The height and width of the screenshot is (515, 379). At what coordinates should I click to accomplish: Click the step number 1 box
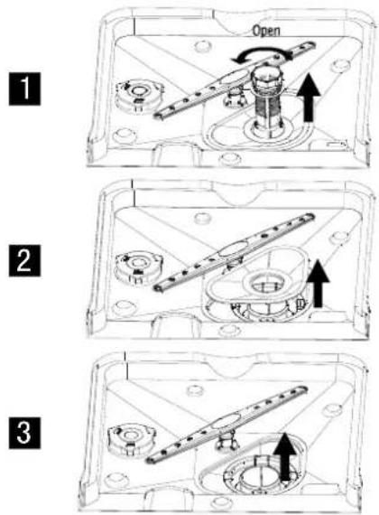click(x=24, y=89)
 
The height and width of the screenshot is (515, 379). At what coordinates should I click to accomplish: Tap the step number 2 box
click(x=24, y=260)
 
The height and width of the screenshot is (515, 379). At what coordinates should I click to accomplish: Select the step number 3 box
click(x=24, y=433)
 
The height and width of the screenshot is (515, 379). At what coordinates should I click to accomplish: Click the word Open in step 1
click(x=266, y=31)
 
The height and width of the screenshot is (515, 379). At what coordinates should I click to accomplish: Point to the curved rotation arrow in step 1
click(x=261, y=51)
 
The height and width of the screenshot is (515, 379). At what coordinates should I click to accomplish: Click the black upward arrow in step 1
click(x=309, y=98)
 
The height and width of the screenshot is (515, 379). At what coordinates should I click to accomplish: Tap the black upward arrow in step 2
click(x=318, y=283)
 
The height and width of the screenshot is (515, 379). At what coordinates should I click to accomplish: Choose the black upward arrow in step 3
click(x=285, y=456)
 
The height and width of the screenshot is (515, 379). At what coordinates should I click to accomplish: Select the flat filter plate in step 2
click(x=257, y=278)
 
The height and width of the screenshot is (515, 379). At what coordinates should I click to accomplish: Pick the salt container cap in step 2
click(x=139, y=267)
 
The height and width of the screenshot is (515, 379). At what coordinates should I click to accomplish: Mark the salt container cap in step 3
click(x=130, y=439)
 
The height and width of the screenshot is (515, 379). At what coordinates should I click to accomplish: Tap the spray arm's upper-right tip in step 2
click(x=310, y=217)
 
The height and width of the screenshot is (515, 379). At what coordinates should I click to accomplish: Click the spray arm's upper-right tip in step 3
click(x=303, y=389)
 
